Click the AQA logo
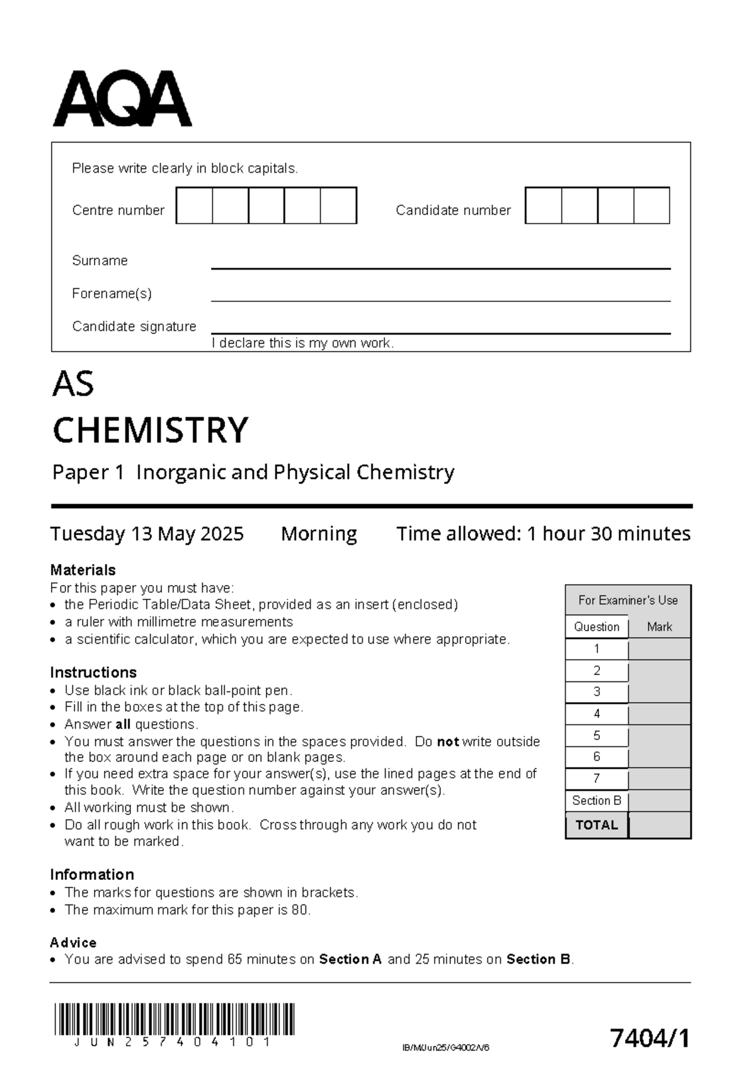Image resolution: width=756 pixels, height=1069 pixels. coord(122,99)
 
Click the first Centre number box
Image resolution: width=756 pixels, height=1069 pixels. coord(194,205)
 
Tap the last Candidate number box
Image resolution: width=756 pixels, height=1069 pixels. coord(651,205)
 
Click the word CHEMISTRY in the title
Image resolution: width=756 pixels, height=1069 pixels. coord(151,430)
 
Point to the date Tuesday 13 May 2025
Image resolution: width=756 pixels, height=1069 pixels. coord(147,534)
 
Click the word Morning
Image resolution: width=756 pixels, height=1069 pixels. coord(319,534)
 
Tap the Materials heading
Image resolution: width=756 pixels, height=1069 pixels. coord(83,570)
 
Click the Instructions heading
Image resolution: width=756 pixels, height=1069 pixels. coord(93,672)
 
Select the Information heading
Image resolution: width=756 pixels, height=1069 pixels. coord(92,874)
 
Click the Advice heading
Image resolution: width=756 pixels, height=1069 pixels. coord(73,942)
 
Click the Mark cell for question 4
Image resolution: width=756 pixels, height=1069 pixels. coord(660,714)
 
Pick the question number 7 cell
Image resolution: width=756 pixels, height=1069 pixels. coord(597,779)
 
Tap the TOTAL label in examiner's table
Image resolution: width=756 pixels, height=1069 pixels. coord(597,825)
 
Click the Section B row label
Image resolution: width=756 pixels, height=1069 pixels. coord(597,800)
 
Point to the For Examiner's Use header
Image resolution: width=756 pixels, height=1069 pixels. coord(628,600)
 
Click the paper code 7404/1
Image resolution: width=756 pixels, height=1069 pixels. coord(650,1037)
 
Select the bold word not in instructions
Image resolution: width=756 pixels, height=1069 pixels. coord(447,742)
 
